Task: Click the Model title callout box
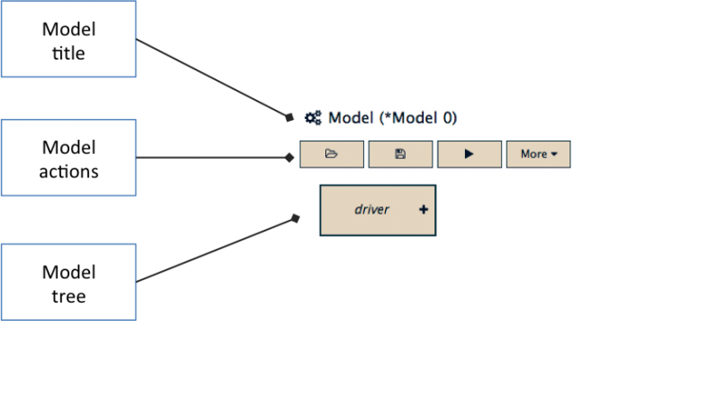(x=68, y=39)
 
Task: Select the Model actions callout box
(x=68, y=158)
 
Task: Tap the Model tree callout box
(x=68, y=282)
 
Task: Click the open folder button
(x=332, y=154)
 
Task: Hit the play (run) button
(x=470, y=154)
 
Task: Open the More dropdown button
(x=538, y=154)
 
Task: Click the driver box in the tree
(x=378, y=211)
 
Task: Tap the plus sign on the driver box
(x=424, y=210)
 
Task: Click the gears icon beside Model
(x=313, y=118)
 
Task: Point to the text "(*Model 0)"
(x=418, y=118)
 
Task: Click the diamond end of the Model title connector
(x=289, y=118)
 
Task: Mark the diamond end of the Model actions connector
(x=289, y=158)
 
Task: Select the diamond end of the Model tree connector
(x=296, y=218)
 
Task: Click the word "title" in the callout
(x=68, y=53)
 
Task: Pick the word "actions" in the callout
(x=68, y=172)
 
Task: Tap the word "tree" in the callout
(x=68, y=296)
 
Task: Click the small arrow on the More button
(x=554, y=154)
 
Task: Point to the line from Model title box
(x=212, y=77)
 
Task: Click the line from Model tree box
(x=215, y=251)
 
